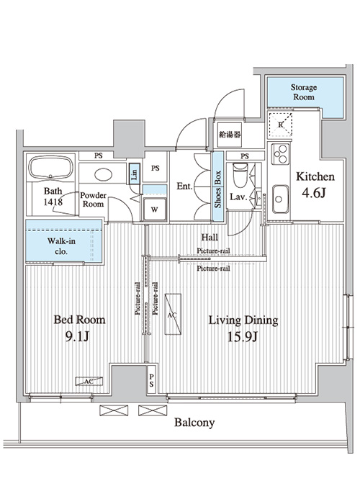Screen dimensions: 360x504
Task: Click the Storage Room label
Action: (304, 92)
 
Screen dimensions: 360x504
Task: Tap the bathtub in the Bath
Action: (51, 168)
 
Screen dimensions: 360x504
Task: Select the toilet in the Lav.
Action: (240, 175)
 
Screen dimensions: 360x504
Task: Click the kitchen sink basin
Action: (280, 199)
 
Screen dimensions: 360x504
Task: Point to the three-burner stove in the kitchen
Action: (280, 154)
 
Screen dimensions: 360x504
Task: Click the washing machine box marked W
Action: (155, 210)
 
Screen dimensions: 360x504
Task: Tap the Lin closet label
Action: (135, 174)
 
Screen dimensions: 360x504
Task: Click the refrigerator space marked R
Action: (280, 125)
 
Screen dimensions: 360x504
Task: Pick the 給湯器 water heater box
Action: (230, 135)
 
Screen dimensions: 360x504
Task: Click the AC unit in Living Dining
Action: (173, 314)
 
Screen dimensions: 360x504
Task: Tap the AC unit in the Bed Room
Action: (89, 381)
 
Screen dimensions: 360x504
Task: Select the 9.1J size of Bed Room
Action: (77, 336)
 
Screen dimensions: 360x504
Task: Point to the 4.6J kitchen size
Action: (314, 193)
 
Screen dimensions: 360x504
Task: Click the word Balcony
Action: (194, 423)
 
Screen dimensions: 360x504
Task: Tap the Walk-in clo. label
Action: (61, 246)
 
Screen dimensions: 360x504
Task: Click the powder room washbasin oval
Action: (104, 175)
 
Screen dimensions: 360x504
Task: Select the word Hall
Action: (210, 237)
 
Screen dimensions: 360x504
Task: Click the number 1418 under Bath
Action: (53, 202)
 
